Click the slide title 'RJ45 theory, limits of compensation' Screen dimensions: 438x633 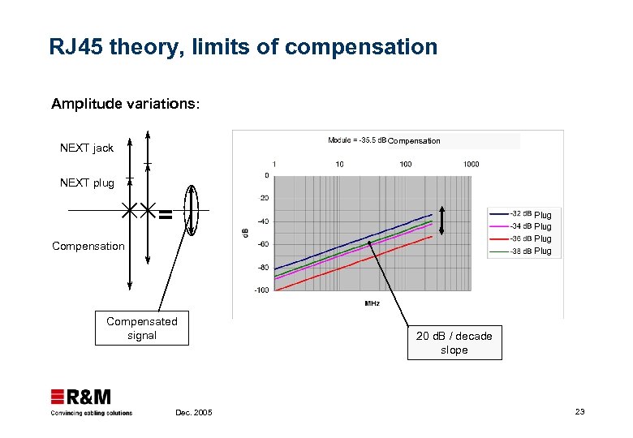[243, 47]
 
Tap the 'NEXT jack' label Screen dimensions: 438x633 [87, 148]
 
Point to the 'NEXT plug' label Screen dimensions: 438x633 [87, 182]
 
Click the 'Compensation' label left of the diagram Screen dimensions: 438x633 [88, 246]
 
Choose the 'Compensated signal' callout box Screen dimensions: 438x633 [141, 328]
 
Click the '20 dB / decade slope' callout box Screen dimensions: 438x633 [454, 343]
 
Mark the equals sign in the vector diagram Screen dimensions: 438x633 [165, 214]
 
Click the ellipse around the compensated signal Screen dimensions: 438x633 [192, 210]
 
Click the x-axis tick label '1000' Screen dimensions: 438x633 [471, 164]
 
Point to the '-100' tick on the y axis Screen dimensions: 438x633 [261, 290]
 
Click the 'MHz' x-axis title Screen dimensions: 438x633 [372, 304]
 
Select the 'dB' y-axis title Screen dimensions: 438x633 [246, 232]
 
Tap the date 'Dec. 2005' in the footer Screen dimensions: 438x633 [193, 413]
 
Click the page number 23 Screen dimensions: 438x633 [579, 412]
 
